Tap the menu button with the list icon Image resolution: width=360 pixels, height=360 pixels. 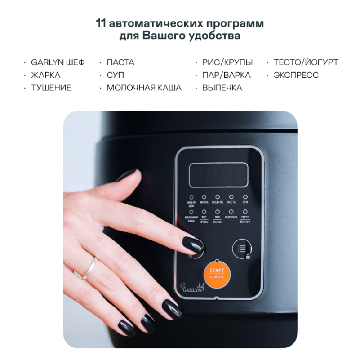pos(242,248)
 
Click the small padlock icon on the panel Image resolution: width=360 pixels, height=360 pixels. pos(248,257)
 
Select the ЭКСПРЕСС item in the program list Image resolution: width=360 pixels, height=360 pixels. pos(296,75)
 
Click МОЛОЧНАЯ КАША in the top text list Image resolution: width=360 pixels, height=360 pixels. pos(144,88)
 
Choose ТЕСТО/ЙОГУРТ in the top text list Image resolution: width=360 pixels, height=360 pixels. pos(306,62)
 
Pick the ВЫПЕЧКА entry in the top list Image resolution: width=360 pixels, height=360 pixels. pos(222,88)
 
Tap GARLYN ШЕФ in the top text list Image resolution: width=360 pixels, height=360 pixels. pos(58,62)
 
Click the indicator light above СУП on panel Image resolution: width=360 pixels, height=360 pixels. pos(245,197)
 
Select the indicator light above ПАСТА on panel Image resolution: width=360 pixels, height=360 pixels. pos(231,197)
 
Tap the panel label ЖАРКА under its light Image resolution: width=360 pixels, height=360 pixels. pos(204,203)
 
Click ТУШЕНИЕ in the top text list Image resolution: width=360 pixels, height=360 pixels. pos(51,88)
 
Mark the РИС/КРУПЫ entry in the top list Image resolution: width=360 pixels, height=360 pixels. pos(227,62)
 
